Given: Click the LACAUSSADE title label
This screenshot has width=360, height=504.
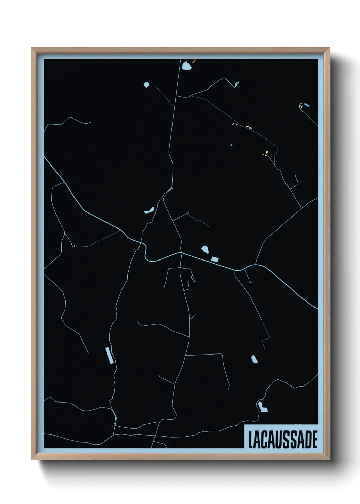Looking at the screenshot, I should [x=282, y=439].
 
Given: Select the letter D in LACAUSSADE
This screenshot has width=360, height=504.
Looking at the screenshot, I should [x=307, y=440].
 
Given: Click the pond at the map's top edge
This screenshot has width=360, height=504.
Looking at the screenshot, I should [x=186, y=66].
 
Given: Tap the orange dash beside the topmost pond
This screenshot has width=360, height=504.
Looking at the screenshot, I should [x=194, y=61].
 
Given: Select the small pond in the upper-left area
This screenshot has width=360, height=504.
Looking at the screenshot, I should [x=146, y=84].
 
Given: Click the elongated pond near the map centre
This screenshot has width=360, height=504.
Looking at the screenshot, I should [x=149, y=210].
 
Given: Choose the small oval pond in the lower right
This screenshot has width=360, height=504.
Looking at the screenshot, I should [x=254, y=359].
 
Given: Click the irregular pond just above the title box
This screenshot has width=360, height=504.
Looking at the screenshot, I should [x=262, y=407].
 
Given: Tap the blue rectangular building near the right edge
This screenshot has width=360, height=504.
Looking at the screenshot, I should [x=307, y=105].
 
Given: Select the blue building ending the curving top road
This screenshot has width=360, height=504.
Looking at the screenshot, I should [x=236, y=83].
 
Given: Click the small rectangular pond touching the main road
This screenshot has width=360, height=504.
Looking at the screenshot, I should [x=215, y=259].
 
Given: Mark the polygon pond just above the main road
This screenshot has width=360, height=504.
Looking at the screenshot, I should [x=205, y=249].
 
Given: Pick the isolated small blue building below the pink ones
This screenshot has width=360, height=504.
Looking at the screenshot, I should [x=232, y=145].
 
